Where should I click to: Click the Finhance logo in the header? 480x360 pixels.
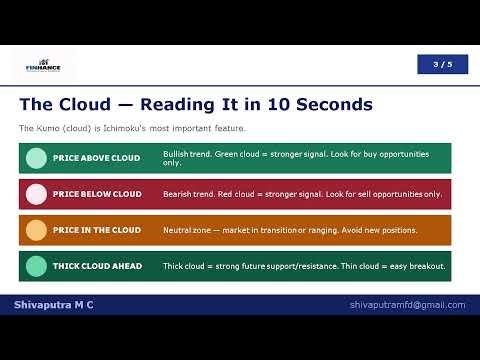[43, 65]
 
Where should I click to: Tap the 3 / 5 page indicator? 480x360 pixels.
[442, 64]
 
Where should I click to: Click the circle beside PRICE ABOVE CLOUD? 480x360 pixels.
[36, 158]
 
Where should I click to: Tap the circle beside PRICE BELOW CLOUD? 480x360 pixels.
[36, 194]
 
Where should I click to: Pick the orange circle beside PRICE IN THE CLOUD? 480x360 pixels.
[36, 230]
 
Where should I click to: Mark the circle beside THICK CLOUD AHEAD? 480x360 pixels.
[36, 266]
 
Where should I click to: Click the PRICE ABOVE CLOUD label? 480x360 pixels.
[96, 158]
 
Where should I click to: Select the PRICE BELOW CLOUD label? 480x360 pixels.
[97, 194]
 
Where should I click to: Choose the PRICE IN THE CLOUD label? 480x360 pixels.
[97, 230]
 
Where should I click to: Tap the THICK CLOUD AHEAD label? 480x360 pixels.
[97, 266]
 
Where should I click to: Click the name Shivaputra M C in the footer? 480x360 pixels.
[54, 304]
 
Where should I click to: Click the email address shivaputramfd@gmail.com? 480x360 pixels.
[407, 304]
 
